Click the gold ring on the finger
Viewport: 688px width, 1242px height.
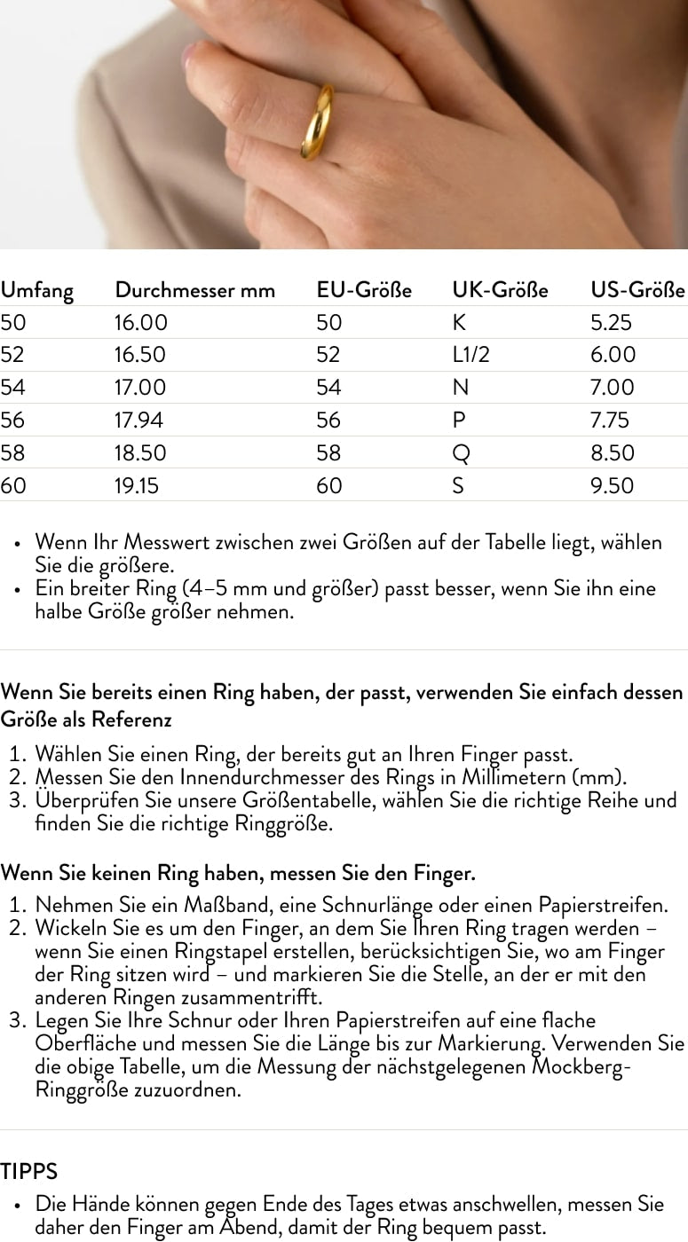pyautogui.click(x=317, y=123)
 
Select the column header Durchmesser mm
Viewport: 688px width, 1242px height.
pyautogui.click(x=194, y=290)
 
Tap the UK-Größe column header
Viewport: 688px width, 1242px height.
pyautogui.click(x=500, y=290)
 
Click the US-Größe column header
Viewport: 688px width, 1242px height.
pyautogui.click(x=637, y=290)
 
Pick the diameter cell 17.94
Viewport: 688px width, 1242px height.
pyautogui.click(x=139, y=421)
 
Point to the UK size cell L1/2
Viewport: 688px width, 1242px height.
pyautogui.click(x=471, y=355)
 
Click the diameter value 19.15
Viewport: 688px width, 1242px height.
pyautogui.click(x=138, y=486)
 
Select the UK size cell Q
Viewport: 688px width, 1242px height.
pyautogui.click(x=460, y=453)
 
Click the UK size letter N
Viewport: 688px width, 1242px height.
pyautogui.click(x=459, y=388)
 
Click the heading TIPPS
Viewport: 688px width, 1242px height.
pyautogui.click(x=28, y=1172)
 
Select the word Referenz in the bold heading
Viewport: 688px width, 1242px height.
pyautogui.click(x=133, y=719)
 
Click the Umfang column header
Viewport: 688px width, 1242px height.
pyautogui.click(x=36, y=290)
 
